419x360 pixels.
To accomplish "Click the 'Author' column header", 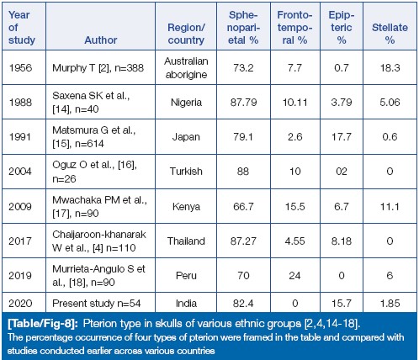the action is coord(101,40).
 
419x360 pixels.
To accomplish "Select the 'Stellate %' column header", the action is coord(390,34).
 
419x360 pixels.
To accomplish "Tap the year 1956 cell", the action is coord(20,68).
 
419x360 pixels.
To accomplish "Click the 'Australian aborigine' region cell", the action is coord(186,68).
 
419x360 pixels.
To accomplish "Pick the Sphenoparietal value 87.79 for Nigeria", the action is coord(243,103).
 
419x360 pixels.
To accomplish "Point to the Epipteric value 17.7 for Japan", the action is coord(342,137).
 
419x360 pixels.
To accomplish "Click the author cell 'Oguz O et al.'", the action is coord(94,172).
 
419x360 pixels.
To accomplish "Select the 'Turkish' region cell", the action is coord(186,172).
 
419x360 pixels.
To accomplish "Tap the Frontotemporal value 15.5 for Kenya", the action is coord(294,207).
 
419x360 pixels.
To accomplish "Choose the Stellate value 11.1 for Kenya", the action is coord(390,207).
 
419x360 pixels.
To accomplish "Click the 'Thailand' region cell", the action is coord(186,241).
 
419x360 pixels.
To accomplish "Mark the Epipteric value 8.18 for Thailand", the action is coord(342,241).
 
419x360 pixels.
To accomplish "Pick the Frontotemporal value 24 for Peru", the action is coord(294,276).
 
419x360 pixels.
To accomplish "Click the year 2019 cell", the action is coord(20,276).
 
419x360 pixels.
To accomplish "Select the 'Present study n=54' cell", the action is coord(97,304).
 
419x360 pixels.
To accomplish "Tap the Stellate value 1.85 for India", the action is coord(390,304).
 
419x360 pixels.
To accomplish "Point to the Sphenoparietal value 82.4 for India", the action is coord(243,304).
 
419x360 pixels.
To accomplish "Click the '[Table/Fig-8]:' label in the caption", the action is coord(44,324).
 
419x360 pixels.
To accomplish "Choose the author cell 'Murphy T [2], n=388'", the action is coord(98,68).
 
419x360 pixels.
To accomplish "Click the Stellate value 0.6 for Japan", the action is coord(390,137).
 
